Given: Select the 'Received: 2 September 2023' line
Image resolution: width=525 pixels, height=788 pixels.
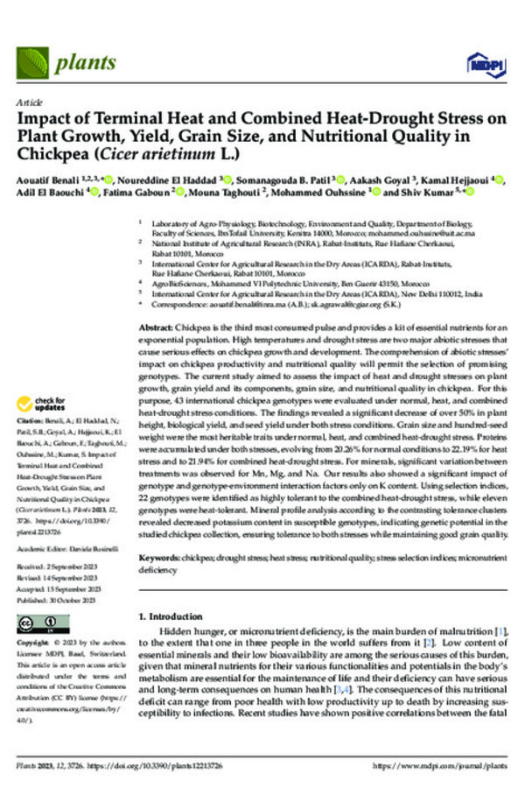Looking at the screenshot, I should click(61, 565).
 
